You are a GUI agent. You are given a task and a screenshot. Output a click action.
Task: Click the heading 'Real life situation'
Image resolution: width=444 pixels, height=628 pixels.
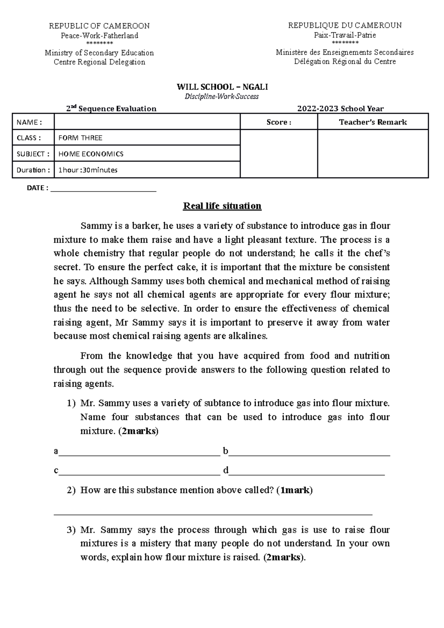(x=222, y=206)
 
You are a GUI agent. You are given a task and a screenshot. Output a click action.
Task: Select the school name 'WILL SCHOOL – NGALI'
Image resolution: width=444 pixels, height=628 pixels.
(x=222, y=87)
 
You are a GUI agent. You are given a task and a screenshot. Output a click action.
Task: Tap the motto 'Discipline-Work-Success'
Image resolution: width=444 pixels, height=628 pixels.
(x=222, y=97)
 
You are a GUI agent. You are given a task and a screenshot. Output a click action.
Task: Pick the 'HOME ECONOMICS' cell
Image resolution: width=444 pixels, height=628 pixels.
(x=91, y=154)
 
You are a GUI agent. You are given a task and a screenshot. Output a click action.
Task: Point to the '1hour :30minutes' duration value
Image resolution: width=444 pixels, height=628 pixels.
(x=88, y=170)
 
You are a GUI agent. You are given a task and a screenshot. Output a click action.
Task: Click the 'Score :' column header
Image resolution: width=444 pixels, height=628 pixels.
(x=279, y=122)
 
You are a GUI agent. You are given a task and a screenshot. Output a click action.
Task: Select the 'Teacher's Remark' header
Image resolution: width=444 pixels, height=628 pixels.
(x=373, y=122)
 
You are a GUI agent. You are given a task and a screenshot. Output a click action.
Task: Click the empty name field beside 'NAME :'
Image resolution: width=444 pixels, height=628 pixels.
(x=147, y=122)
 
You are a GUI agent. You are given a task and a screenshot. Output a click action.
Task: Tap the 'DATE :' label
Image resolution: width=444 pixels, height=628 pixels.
(x=37, y=188)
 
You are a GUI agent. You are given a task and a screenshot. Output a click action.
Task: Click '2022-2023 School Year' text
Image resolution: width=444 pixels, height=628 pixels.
(x=340, y=109)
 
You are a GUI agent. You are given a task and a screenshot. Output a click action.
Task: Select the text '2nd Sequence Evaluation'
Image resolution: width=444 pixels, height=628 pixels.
(x=111, y=109)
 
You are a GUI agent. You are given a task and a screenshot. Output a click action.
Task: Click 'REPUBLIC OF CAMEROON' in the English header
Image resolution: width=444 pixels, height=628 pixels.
(x=99, y=26)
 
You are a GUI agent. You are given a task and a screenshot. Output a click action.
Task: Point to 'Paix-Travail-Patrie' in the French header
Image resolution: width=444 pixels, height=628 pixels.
(x=344, y=35)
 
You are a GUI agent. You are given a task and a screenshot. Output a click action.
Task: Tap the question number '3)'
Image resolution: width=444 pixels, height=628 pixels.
(x=71, y=530)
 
